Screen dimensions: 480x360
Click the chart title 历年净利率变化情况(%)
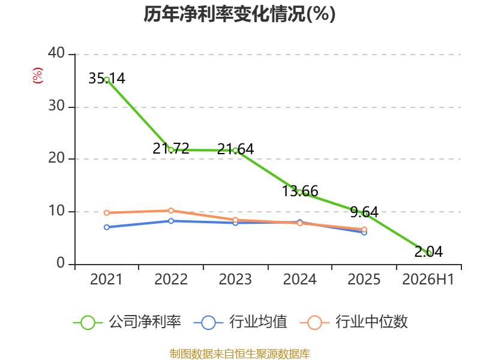click(239, 14)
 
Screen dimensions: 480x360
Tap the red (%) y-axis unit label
click(38, 76)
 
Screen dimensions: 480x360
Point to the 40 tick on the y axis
click(56, 53)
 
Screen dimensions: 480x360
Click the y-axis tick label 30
click(56, 106)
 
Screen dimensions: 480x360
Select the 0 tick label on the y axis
click(61, 263)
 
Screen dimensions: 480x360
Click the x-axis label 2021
click(106, 279)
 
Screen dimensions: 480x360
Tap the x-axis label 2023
click(235, 279)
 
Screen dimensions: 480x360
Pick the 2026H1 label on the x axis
click(428, 279)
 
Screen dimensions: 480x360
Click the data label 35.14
click(107, 79)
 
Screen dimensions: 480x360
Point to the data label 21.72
click(171, 149)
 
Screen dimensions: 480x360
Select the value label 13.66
click(300, 191)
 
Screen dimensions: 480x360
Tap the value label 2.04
click(428, 252)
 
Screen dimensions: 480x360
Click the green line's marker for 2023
click(235, 151)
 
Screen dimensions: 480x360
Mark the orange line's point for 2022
click(171, 211)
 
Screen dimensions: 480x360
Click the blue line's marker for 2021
click(107, 227)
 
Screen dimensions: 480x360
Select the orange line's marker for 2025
click(364, 230)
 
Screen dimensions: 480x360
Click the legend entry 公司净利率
click(127, 322)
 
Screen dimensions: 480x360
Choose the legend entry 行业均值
click(241, 322)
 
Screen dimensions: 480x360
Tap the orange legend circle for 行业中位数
click(314, 323)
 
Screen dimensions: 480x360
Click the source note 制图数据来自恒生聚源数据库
click(239, 354)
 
